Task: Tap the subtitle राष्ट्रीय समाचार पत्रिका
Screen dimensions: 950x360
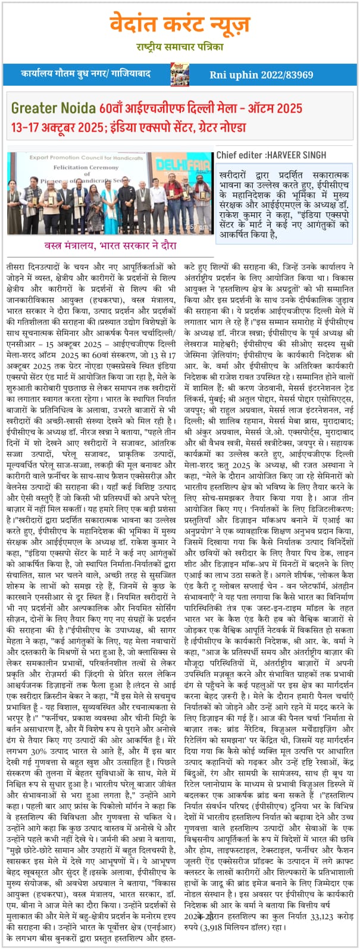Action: tap(179, 47)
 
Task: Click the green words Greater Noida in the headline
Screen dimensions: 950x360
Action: tap(53, 109)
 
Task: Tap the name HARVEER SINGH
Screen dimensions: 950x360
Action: tap(296, 155)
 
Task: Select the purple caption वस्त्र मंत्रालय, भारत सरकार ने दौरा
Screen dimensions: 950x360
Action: tap(110, 246)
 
